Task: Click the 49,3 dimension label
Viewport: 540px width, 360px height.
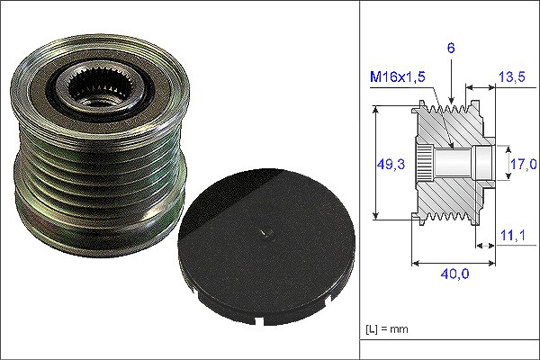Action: (x=391, y=164)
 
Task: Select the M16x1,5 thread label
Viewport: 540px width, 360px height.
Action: (x=398, y=76)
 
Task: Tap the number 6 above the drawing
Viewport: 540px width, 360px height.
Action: (x=451, y=48)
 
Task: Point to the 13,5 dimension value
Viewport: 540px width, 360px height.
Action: (x=512, y=76)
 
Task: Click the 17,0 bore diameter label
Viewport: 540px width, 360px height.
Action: (x=523, y=164)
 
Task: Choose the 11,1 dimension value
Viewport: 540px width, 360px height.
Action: (x=513, y=236)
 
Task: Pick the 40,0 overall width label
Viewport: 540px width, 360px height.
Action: (x=454, y=274)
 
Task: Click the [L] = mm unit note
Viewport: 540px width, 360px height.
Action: (x=387, y=329)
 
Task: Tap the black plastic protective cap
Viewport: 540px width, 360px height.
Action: (x=266, y=247)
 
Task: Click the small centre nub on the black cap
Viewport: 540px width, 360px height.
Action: (x=265, y=233)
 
